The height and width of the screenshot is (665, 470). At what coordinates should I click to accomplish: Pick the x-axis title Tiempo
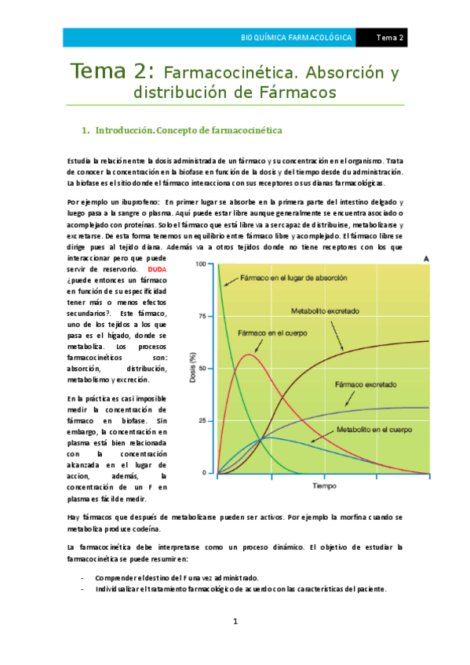324,486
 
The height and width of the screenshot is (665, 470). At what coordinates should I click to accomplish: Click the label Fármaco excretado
366,385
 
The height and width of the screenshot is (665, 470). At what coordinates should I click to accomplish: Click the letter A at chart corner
425,259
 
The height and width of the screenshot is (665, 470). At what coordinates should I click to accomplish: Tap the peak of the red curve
249,354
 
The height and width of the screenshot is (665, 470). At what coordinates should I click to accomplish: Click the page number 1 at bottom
235,621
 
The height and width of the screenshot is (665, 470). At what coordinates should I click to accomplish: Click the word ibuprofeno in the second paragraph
124,202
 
